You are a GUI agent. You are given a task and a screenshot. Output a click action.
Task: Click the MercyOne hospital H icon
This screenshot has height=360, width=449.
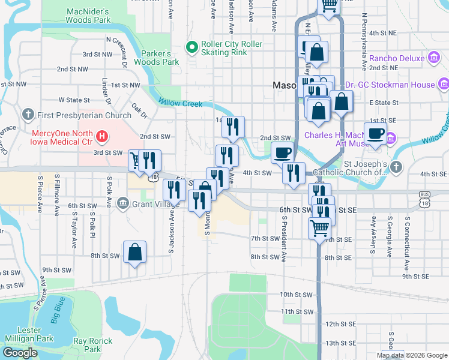102,136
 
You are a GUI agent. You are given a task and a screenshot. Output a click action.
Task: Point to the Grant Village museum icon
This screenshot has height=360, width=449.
123,203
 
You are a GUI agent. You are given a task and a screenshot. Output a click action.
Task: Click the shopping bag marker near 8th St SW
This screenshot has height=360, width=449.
135,253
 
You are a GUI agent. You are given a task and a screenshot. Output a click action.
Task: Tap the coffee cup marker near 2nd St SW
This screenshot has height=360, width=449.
282,152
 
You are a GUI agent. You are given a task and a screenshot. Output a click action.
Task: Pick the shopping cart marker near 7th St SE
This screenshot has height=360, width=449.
320,227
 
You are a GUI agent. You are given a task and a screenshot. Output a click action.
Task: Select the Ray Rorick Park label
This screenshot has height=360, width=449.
92,345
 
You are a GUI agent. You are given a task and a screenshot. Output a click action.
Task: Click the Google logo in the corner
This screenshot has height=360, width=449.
20,353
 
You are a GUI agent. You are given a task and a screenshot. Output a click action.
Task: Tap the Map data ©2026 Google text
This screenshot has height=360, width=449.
412,355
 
